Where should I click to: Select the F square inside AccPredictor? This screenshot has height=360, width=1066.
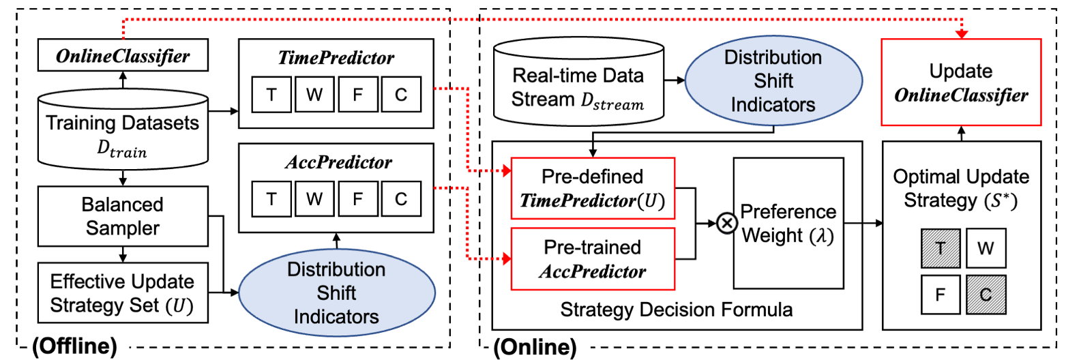[x=357, y=200]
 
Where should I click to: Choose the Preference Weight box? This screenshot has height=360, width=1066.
[x=788, y=224]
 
